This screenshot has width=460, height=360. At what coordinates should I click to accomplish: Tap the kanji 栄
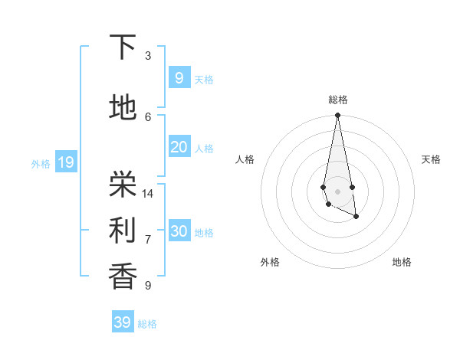coord(123,182)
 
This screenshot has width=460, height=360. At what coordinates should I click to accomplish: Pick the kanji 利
coord(123,228)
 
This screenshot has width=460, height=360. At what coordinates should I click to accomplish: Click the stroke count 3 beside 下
coord(148,56)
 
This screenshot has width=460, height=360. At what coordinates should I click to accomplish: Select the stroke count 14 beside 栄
coord(148,194)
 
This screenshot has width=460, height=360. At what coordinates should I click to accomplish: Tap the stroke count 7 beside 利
coord(148,240)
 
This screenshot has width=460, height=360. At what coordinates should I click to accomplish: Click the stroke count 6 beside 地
coord(148,116)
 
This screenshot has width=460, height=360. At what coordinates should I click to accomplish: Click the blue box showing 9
coord(179,77)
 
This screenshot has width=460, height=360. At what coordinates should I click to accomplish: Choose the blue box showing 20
coord(179,147)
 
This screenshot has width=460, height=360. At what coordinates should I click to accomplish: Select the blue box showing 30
coord(179,231)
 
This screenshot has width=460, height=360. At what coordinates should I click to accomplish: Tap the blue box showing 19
coord(65,162)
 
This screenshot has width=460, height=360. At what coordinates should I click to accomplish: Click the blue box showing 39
coord(123,322)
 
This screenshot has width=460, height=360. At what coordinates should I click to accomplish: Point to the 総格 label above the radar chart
coord(338,100)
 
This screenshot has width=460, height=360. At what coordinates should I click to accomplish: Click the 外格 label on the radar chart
coord(270,262)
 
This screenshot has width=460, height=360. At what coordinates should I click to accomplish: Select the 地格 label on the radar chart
coord(402,262)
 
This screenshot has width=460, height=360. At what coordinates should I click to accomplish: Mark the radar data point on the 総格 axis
coord(337,116)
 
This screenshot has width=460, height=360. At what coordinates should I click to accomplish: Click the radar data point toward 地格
coord(356,217)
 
